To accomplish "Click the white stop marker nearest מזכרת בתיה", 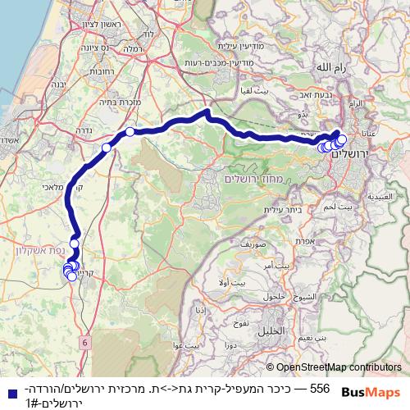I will pyautogui.click(x=130, y=131).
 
